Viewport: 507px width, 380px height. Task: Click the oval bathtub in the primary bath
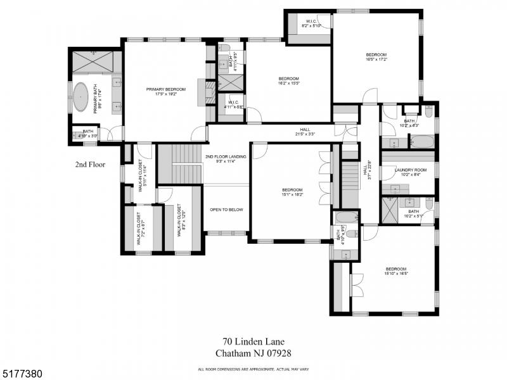[82, 96]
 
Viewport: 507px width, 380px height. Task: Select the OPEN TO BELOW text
[226, 210]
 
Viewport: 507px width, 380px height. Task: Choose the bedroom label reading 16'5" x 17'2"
[376, 57]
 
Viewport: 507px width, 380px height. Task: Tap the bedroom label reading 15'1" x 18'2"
[292, 193]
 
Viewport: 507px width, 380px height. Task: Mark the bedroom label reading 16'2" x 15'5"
[288, 80]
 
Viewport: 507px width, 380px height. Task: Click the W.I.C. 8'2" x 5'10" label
[312, 23]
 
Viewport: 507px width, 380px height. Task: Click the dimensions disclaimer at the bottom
[253, 369]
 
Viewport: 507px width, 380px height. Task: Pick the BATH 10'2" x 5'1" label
[413, 213]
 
